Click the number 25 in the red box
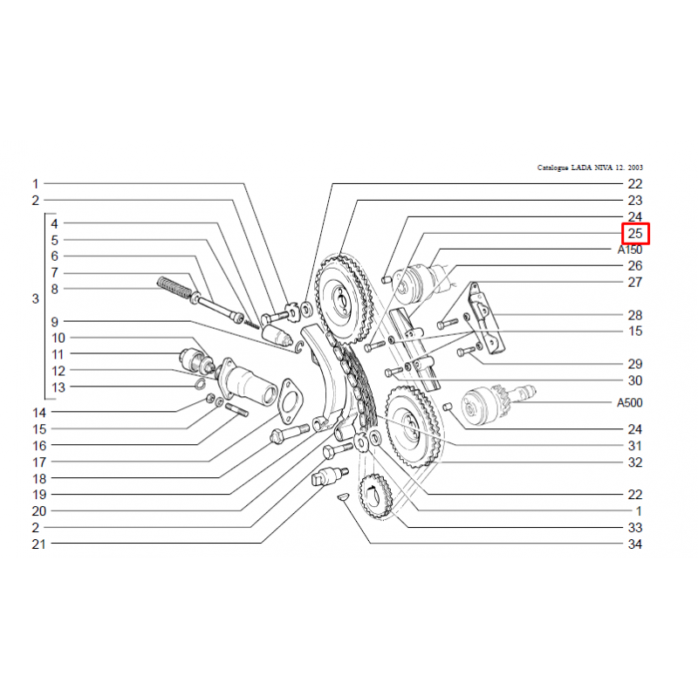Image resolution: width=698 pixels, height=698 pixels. click(635, 234)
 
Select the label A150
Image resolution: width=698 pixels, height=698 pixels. click(630, 250)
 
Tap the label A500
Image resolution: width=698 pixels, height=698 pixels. click(630, 403)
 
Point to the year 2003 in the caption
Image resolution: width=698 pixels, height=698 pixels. click(635, 168)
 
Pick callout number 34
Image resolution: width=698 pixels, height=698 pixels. click(635, 544)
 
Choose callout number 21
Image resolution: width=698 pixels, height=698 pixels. click(38, 544)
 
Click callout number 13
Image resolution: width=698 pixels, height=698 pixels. click(58, 387)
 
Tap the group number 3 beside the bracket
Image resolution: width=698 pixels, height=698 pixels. click(36, 298)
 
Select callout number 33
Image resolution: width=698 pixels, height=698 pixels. click(635, 528)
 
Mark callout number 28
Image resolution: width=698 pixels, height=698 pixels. click(635, 315)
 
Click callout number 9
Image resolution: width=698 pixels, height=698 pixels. click(54, 321)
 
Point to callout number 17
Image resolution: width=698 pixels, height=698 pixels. click(39, 462)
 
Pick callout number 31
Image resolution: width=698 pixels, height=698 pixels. click(635, 446)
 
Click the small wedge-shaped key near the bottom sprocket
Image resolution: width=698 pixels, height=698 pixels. click(344, 496)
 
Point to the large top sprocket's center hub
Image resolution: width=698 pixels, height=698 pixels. click(340, 299)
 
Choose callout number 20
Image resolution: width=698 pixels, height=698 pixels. click(39, 511)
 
